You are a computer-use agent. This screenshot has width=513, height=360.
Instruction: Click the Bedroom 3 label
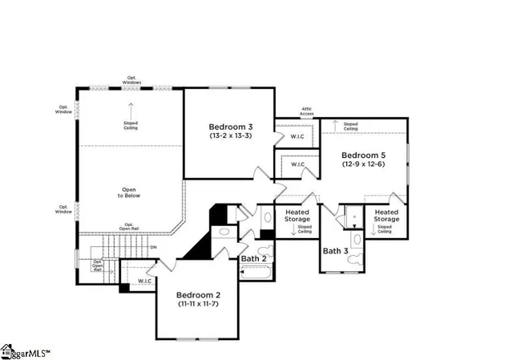(x=231, y=127)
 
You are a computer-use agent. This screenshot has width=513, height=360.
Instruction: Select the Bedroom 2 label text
(x=198, y=294)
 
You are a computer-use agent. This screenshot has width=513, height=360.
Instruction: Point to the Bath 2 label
(x=252, y=258)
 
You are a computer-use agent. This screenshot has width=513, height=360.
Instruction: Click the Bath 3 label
(x=335, y=251)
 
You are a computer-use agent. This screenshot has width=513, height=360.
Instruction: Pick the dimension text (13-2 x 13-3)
(x=231, y=136)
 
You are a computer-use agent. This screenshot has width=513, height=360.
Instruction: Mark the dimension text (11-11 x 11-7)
(x=198, y=304)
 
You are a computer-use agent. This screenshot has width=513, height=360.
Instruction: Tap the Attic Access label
(x=306, y=111)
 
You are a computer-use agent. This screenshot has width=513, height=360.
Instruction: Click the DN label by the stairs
(x=152, y=246)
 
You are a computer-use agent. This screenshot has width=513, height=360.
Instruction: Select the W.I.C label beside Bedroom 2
(x=145, y=281)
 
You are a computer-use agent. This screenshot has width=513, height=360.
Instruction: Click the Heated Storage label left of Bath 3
(x=297, y=216)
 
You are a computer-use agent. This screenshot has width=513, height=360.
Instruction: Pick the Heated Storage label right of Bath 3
(x=386, y=216)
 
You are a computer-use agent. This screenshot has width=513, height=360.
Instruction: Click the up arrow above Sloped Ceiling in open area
(x=131, y=107)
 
